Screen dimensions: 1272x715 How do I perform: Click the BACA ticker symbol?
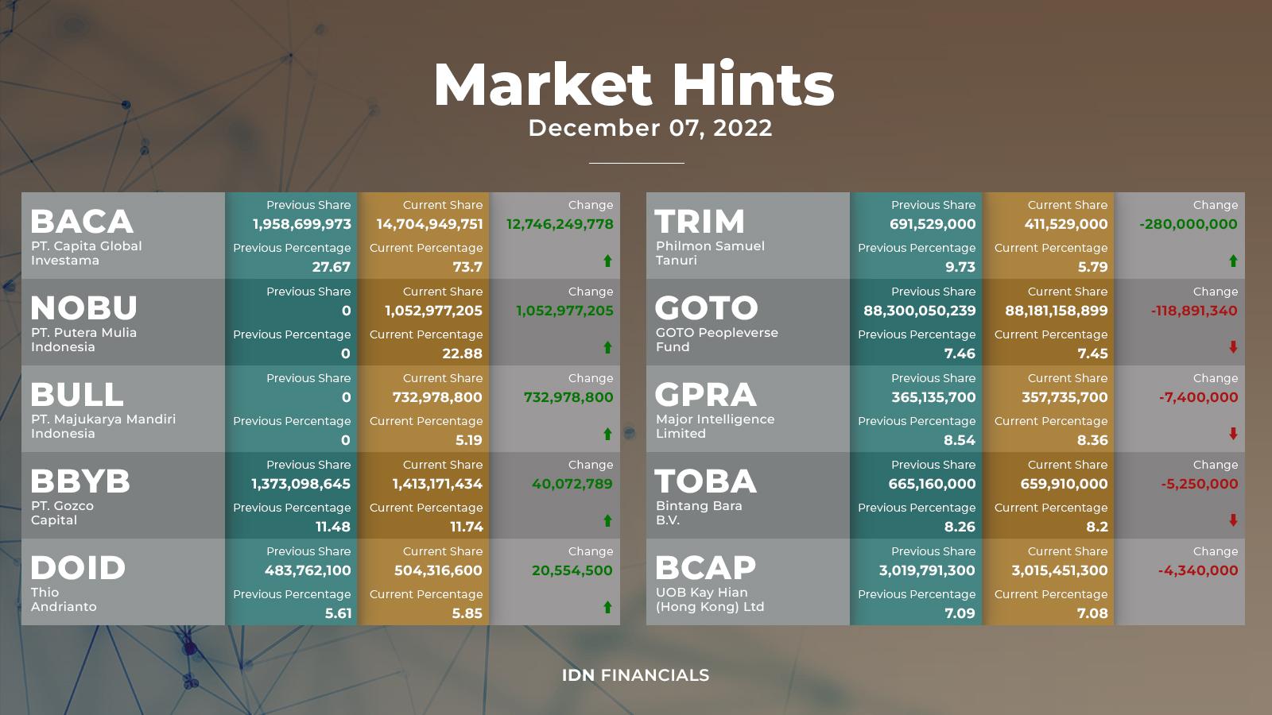pos(82,222)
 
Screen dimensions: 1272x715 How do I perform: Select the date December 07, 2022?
pos(650,128)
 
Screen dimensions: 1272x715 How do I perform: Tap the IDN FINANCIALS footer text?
pos(635,675)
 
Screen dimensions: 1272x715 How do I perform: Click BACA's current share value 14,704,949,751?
pos(429,224)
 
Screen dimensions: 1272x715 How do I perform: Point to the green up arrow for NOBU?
pos(607,347)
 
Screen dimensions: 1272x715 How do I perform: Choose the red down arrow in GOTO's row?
pos(1233,347)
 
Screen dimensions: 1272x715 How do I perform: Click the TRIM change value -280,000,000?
pos(1188,224)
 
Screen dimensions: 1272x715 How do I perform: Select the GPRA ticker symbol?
pos(705,394)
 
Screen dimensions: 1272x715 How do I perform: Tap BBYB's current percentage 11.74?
pos(466,528)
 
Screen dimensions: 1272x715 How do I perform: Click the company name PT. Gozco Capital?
pos(63,513)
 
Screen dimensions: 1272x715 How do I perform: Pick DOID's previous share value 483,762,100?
pos(308,570)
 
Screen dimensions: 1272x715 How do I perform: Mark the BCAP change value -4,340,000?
pos(1198,570)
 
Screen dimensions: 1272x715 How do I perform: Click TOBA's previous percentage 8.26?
pos(960,528)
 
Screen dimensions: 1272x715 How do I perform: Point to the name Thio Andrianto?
pos(64,599)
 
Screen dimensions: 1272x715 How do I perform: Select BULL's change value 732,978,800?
pos(568,397)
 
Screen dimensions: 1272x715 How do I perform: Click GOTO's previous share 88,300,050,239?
pos(919,311)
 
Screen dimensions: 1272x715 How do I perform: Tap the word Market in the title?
pos(543,84)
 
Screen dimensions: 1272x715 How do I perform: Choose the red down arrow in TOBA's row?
pos(1233,520)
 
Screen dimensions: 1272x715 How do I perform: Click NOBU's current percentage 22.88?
pos(462,354)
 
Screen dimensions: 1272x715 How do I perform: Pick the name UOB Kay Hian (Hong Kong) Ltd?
pos(710,599)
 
